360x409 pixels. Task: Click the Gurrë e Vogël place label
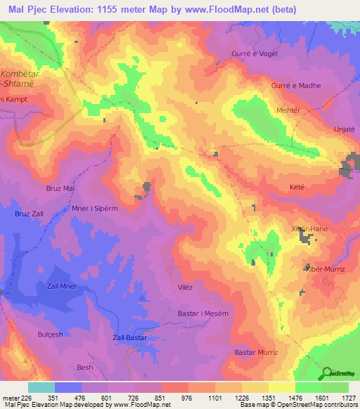point(255,54)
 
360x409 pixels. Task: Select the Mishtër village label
point(288,110)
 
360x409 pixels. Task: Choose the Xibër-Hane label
point(309,229)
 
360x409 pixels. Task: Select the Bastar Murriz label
point(256,352)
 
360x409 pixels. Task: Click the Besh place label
point(84,368)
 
